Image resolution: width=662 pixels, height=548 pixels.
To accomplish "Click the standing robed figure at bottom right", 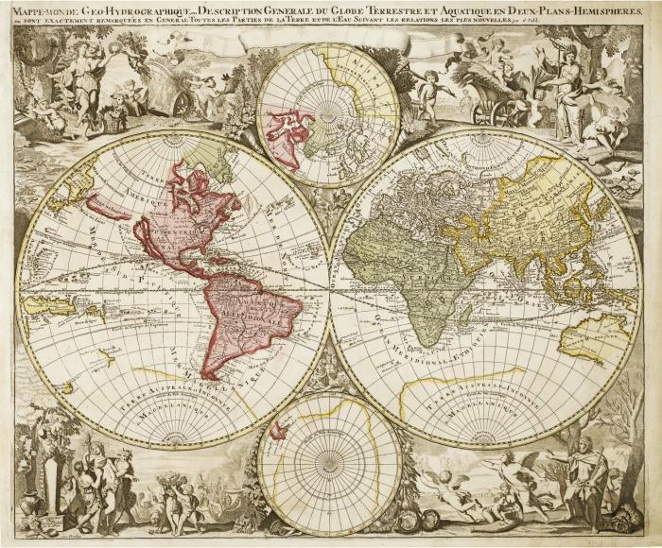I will [586, 477].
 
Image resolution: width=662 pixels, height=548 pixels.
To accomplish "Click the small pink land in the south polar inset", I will [278, 432].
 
